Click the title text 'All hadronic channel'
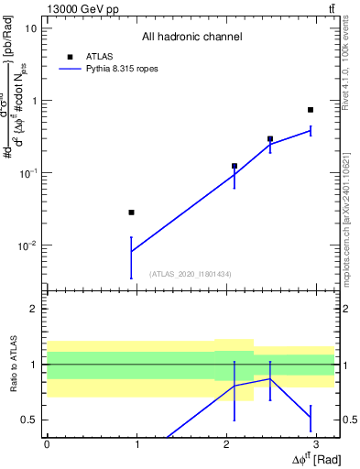[x=191, y=38]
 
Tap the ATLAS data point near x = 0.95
[x=132, y=213]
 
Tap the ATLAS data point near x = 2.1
[x=235, y=166]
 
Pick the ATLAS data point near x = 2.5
[x=270, y=139]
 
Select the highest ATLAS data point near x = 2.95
[x=311, y=110]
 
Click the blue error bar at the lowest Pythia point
[x=132, y=256]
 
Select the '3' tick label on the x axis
[x=316, y=443]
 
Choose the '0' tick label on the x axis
[x=47, y=443]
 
